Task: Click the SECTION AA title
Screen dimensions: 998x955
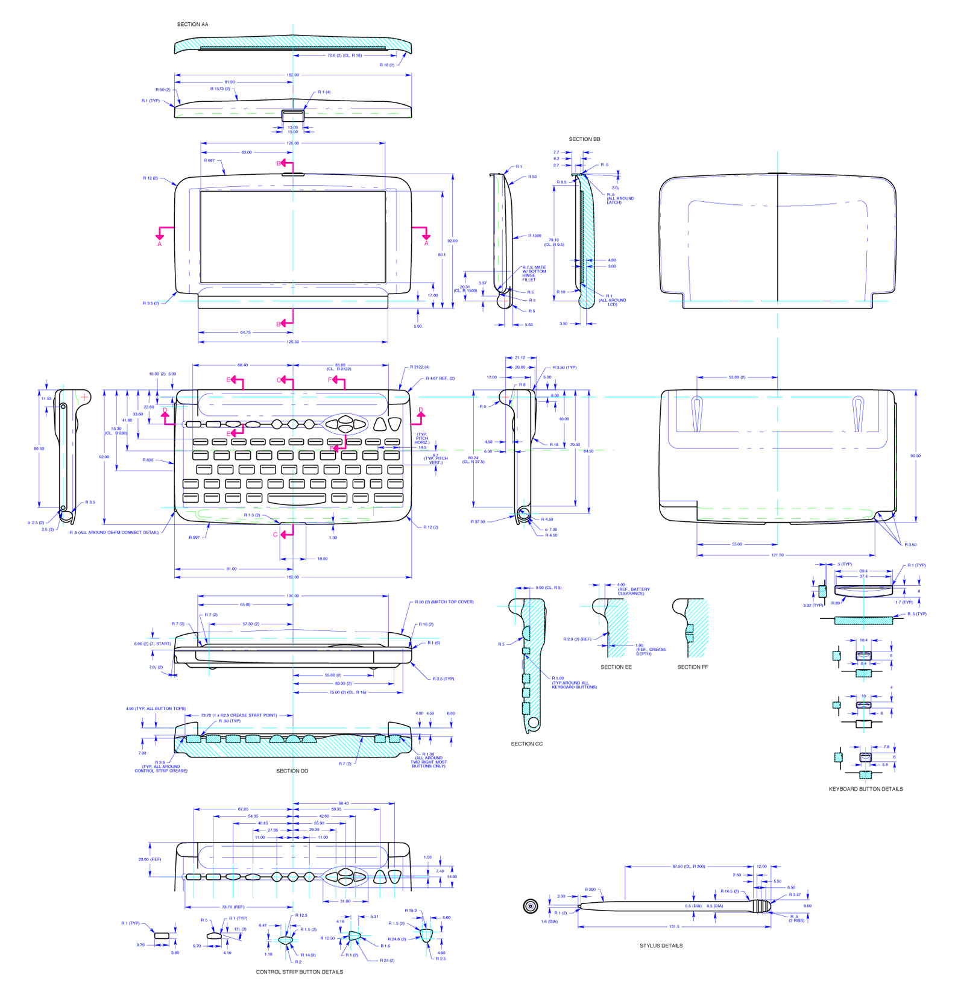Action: click(x=192, y=25)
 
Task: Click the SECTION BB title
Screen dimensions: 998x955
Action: click(x=584, y=139)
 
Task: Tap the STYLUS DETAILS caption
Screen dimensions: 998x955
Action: click(x=661, y=946)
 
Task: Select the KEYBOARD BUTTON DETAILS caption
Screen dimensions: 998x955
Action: click(x=865, y=789)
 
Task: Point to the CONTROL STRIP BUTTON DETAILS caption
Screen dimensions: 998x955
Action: click(x=299, y=972)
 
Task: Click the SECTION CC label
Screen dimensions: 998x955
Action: click(x=526, y=744)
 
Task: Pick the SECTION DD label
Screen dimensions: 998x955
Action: click(x=292, y=771)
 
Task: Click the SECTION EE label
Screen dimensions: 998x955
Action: click(x=616, y=667)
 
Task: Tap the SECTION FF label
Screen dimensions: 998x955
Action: click(x=692, y=667)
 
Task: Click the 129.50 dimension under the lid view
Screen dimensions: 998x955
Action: click(x=292, y=342)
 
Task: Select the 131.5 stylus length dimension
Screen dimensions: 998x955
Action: click(x=673, y=927)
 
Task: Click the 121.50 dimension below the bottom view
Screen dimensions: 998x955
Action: click(x=777, y=555)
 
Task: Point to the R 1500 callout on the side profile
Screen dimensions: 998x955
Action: click(x=534, y=236)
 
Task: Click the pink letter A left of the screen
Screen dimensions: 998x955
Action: click(x=160, y=244)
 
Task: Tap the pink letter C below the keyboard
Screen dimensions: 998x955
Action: click(x=276, y=535)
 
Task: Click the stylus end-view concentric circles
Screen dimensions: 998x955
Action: click(x=530, y=906)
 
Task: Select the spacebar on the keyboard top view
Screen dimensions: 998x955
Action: click(x=297, y=498)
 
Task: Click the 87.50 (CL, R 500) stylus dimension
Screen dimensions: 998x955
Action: click(x=689, y=867)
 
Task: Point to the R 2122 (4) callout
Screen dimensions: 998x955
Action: click(x=420, y=367)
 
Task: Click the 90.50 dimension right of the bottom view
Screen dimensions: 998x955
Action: click(x=915, y=456)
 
